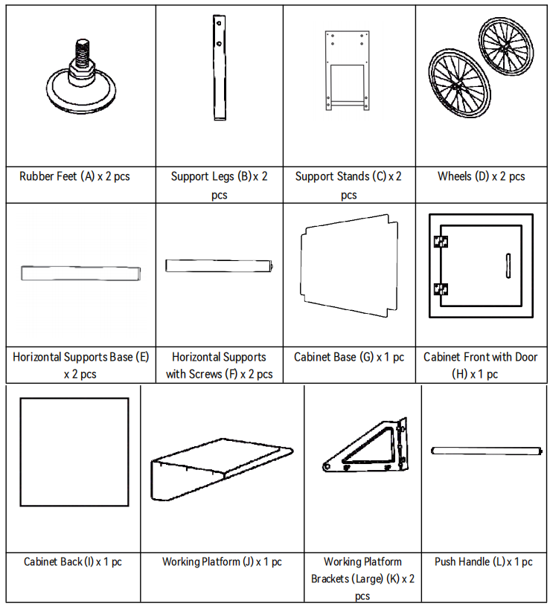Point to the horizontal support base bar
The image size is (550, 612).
click(x=80, y=273)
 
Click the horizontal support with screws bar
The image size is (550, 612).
click(x=220, y=265)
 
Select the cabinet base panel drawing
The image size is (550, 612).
click(x=346, y=265)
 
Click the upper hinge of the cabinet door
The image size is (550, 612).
click(x=441, y=241)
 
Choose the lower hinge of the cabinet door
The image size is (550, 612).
click(x=441, y=290)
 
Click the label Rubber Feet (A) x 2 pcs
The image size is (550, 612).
click(x=74, y=177)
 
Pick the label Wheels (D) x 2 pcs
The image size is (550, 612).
click(x=481, y=177)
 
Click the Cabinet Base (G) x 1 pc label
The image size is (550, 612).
click(x=349, y=358)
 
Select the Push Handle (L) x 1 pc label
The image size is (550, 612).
click(x=484, y=562)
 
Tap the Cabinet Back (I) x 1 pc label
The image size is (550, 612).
click(x=73, y=562)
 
